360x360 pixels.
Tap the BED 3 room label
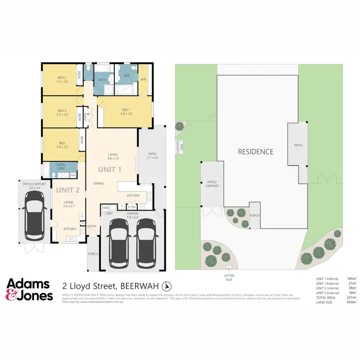pos(62,113)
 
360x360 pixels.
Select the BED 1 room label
pos(120,112)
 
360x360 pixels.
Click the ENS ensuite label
pos(127,75)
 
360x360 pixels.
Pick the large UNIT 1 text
pos(110,169)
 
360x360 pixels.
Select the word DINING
pos(99,183)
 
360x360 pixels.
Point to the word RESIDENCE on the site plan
pos(256,152)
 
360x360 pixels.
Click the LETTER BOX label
pos(228,277)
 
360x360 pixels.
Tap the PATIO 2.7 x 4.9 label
pos(152,156)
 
